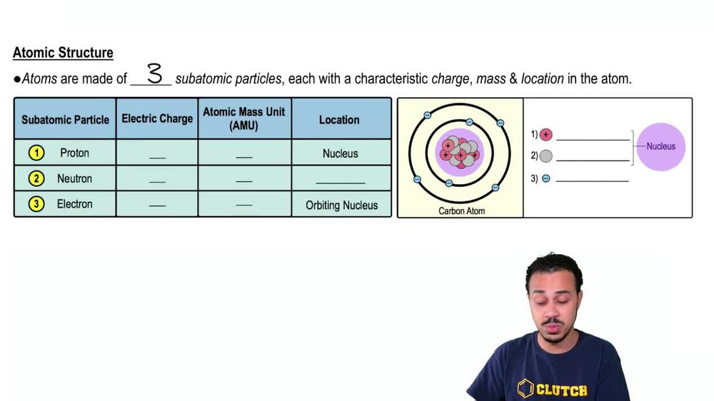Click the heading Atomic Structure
(x=63, y=53)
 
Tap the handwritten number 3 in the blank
(x=154, y=73)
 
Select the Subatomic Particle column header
(x=65, y=120)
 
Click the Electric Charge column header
(x=157, y=118)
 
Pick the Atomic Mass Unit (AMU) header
(x=244, y=118)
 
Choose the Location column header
(x=339, y=120)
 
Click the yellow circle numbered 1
(x=36, y=153)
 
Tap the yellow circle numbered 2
(x=36, y=178)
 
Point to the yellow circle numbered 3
(x=36, y=204)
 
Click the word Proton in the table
(x=74, y=153)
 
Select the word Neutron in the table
(x=74, y=178)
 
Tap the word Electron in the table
(x=74, y=204)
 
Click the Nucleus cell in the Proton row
(x=340, y=153)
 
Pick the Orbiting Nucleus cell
(x=341, y=205)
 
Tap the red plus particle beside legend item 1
(x=546, y=134)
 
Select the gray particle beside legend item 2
(x=546, y=156)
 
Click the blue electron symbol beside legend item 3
(x=546, y=179)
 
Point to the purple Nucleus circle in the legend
(x=660, y=147)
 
